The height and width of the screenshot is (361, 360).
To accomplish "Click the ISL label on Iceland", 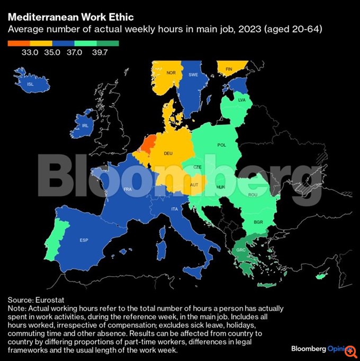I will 30,84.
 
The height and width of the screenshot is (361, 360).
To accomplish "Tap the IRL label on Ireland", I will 85,126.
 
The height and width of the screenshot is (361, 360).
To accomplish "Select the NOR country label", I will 170,73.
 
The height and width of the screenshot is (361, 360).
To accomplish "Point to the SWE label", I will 193,75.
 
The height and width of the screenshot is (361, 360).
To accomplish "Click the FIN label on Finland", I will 229,69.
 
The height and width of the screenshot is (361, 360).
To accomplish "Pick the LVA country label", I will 242,100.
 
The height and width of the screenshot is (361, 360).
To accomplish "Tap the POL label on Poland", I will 222,145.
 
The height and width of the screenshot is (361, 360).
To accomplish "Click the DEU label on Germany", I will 168,153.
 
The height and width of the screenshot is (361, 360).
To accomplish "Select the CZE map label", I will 197,167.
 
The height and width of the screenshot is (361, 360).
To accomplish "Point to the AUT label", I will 194,185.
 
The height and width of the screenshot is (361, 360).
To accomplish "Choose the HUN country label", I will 221,187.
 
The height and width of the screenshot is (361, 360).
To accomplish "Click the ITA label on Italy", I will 174,209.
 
